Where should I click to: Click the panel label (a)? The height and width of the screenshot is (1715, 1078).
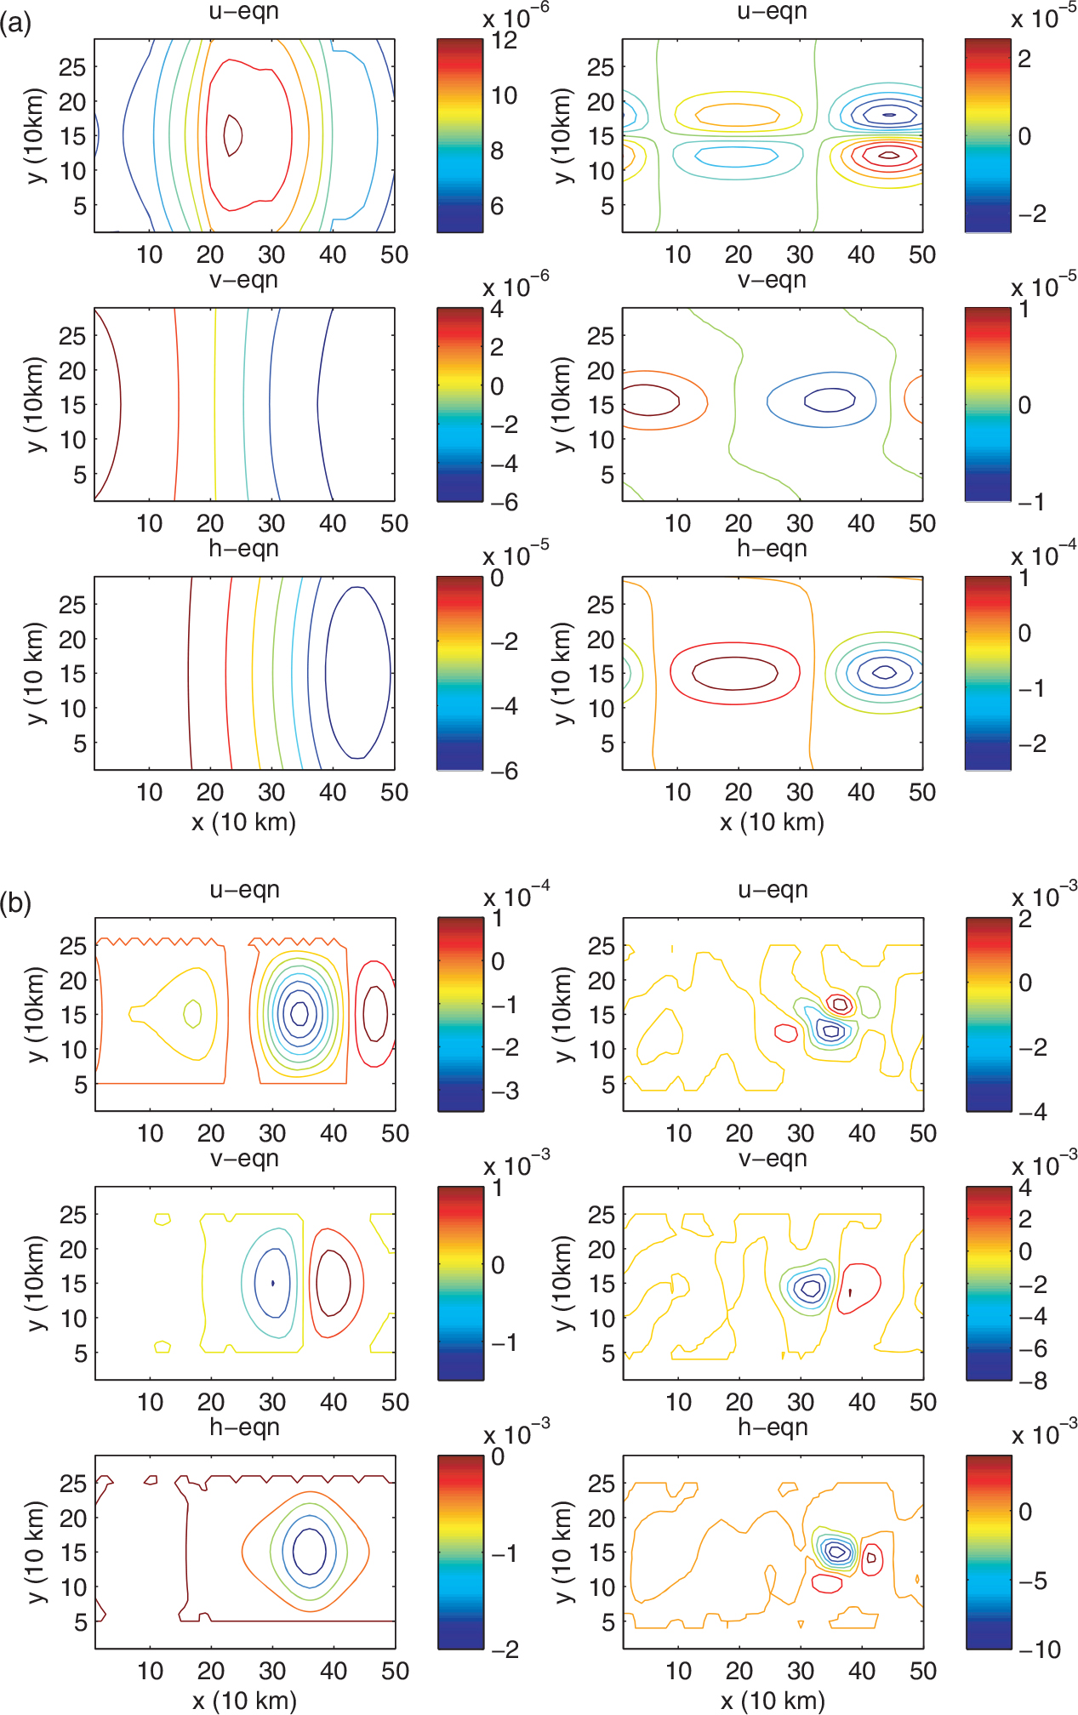pyautogui.click(x=16, y=23)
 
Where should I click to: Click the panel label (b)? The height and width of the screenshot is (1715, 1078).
pyautogui.click(x=16, y=903)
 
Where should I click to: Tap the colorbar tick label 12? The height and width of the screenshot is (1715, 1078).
pyautogui.click(x=504, y=40)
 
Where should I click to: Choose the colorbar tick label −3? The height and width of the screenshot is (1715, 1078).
pyautogui.click(x=505, y=1091)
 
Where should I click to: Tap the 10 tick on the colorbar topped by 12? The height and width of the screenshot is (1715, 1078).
pyautogui.click(x=504, y=95)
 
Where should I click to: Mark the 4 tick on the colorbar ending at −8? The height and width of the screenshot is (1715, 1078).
pyautogui.click(x=1025, y=1188)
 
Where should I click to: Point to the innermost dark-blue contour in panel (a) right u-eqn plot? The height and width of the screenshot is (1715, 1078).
pyautogui.click(x=889, y=115)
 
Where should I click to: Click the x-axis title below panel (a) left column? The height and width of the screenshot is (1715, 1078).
pyautogui.click(x=244, y=822)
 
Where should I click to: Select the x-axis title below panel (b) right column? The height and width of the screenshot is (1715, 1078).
pyautogui.click(x=773, y=1701)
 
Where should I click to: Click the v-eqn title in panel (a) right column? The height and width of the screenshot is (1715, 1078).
pyautogui.click(x=772, y=280)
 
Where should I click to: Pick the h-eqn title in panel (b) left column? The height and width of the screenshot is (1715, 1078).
pyautogui.click(x=244, y=1427)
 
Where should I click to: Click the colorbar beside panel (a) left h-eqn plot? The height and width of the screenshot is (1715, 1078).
pyautogui.click(x=459, y=674)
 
